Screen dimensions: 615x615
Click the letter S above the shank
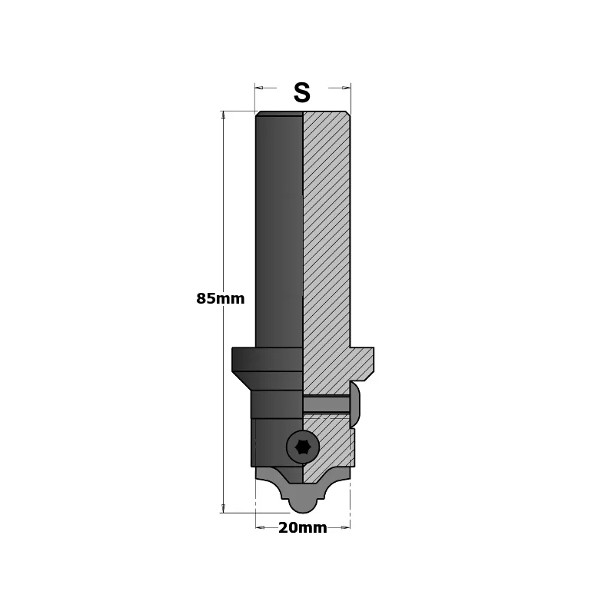(302, 93)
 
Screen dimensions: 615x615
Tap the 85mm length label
(221, 299)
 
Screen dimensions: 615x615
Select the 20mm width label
(303, 528)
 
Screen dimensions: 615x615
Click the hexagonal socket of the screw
(302, 447)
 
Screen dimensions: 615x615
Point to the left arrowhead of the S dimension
(258, 88)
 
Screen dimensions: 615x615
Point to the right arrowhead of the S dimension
(347, 88)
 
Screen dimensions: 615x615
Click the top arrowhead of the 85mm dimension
(224, 115)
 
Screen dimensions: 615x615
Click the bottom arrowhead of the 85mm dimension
(224, 508)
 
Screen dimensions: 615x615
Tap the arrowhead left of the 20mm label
(259, 527)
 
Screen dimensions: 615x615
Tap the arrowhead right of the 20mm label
(346, 527)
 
